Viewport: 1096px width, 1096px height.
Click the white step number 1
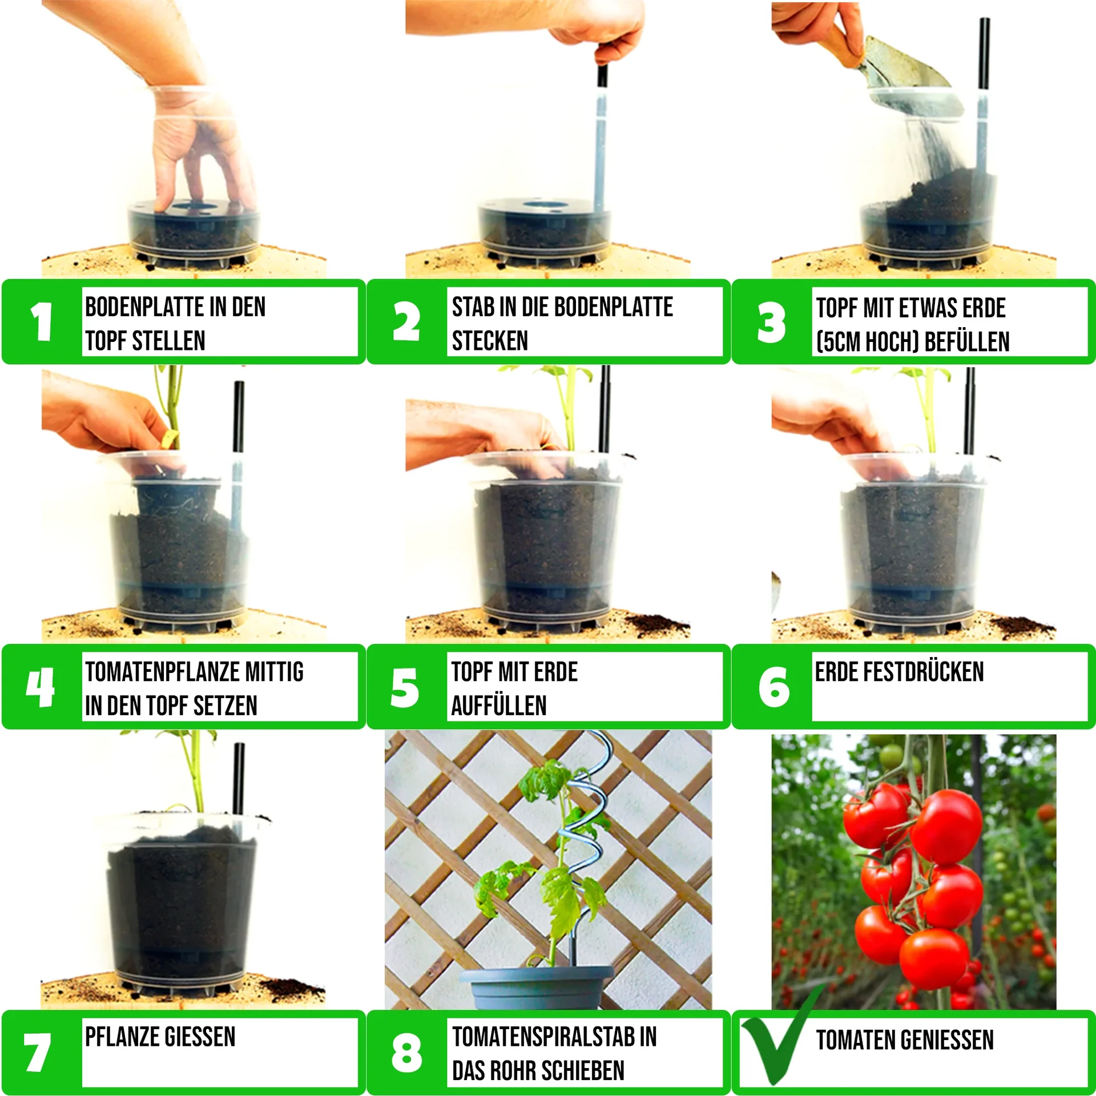[x=42, y=321]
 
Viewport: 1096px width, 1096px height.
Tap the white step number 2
[x=406, y=321]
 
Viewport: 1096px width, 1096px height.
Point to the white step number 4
[x=41, y=687]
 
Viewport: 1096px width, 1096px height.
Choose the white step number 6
[x=774, y=687]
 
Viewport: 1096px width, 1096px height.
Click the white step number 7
[x=37, y=1051]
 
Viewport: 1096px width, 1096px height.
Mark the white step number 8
[x=406, y=1052]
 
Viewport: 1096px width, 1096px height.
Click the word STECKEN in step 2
[x=490, y=341]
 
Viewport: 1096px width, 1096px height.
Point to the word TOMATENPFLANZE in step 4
[x=163, y=671]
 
